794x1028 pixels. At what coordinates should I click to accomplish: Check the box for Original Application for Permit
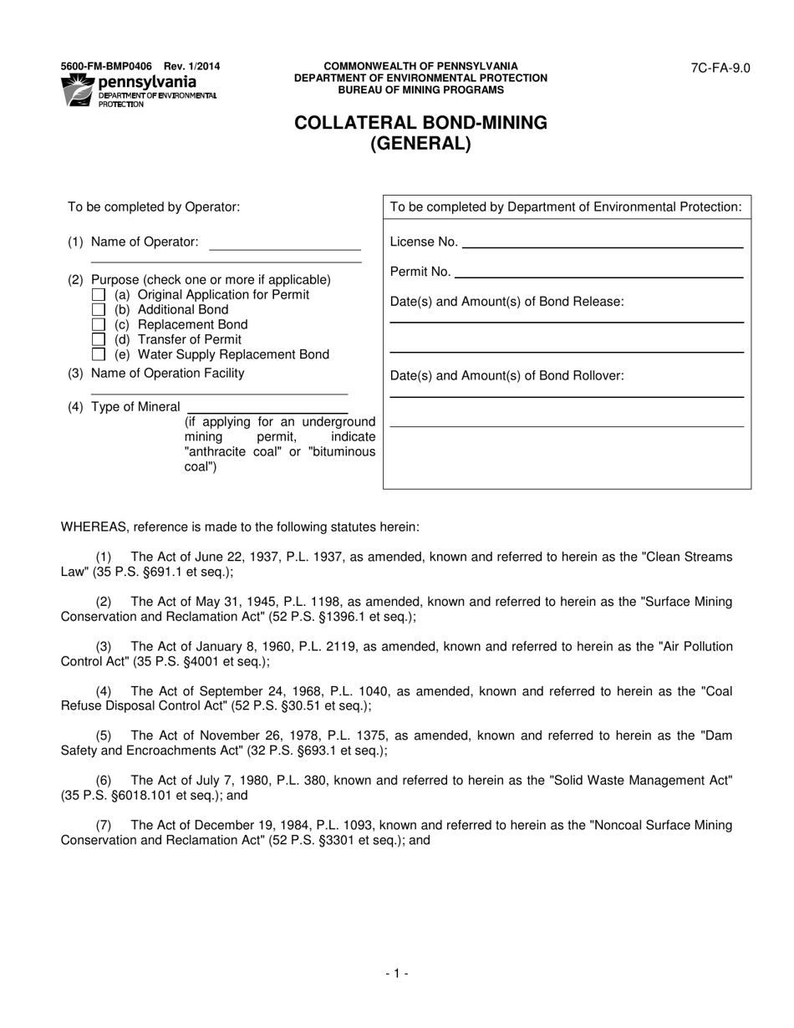tap(99, 295)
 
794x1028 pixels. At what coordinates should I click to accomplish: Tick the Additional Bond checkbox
tap(99, 310)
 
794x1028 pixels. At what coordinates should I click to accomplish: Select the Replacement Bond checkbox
tap(99, 325)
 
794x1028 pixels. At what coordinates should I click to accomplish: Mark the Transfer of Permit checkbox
tap(99, 340)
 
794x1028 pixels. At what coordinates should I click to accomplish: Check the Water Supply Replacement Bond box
tap(99, 354)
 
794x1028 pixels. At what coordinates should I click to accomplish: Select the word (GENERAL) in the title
tap(420, 144)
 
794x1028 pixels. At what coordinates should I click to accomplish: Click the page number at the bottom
tap(397, 973)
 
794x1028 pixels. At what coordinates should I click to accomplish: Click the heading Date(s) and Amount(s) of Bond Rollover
tap(506, 376)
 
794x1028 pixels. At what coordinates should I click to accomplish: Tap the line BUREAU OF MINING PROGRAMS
tap(420, 89)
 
